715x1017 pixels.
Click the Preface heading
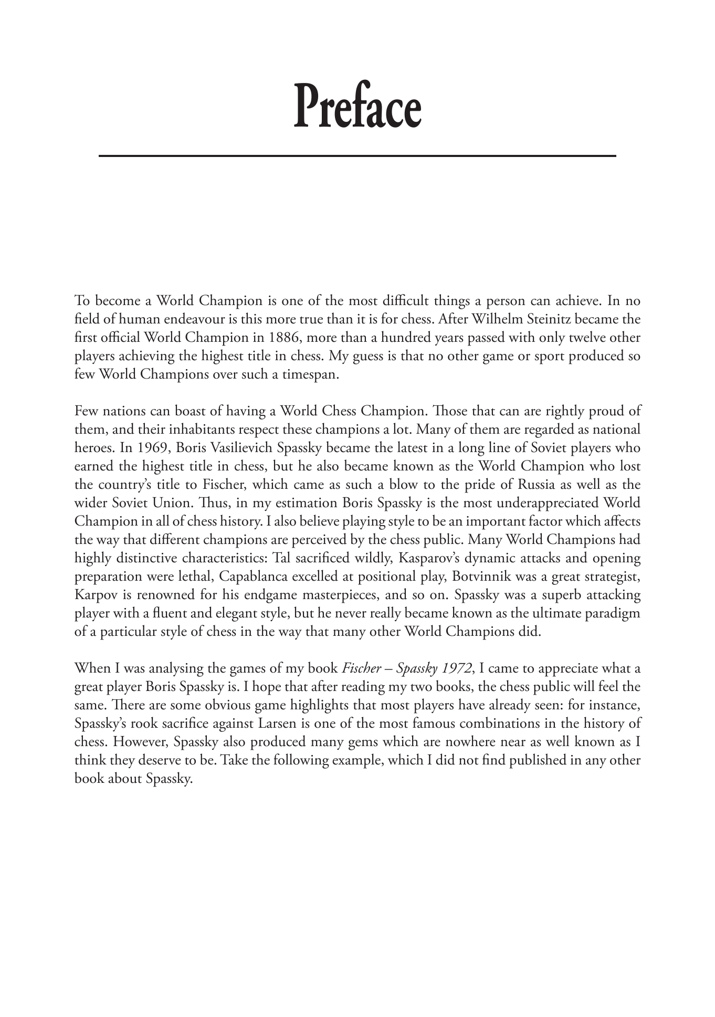357,106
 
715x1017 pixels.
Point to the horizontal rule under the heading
357,156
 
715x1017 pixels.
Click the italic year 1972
455,668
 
